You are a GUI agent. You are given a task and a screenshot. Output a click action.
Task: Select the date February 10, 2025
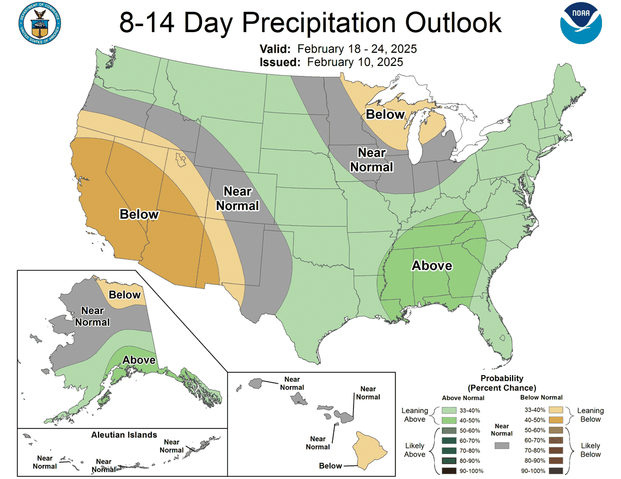point(355,62)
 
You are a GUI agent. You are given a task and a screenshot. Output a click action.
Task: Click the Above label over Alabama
point(431,266)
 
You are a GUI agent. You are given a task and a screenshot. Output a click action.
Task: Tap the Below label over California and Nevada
point(139,214)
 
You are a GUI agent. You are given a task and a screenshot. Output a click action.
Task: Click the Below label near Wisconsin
point(385,114)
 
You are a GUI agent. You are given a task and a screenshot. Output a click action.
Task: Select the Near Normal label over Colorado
point(238,199)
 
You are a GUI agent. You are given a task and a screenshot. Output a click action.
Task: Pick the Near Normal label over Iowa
point(372,159)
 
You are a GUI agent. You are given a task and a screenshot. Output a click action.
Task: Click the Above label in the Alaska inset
point(139,360)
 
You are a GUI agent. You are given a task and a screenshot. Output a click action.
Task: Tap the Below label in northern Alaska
point(125,294)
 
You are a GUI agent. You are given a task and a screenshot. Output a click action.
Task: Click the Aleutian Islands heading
point(124,434)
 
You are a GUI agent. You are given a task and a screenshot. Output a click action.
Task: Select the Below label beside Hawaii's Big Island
point(331,465)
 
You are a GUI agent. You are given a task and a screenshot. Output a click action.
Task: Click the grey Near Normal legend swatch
point(502,445)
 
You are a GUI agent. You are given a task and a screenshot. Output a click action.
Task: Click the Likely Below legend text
point(590,450)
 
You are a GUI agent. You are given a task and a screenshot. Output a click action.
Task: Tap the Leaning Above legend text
point(415,415)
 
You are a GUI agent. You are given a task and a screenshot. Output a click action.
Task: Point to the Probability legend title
point(501,383)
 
